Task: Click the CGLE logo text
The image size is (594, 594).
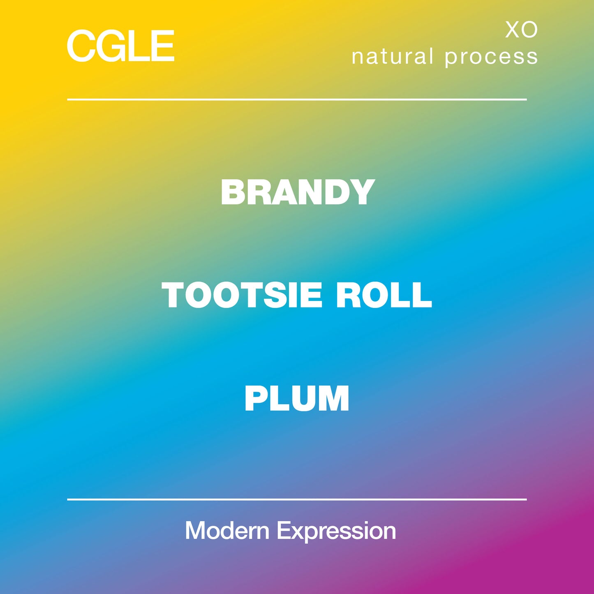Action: (x=120, y=46)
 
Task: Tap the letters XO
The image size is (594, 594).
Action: (x=521, y=30)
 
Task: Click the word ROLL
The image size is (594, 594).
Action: (x=384, y=295)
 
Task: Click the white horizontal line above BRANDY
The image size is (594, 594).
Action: (x=297, y=99)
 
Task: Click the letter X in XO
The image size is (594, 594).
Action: (x=512, y=30)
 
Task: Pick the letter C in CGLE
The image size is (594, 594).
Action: (x=81, y=46)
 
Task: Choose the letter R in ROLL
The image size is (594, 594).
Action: (x=348, y=295)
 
